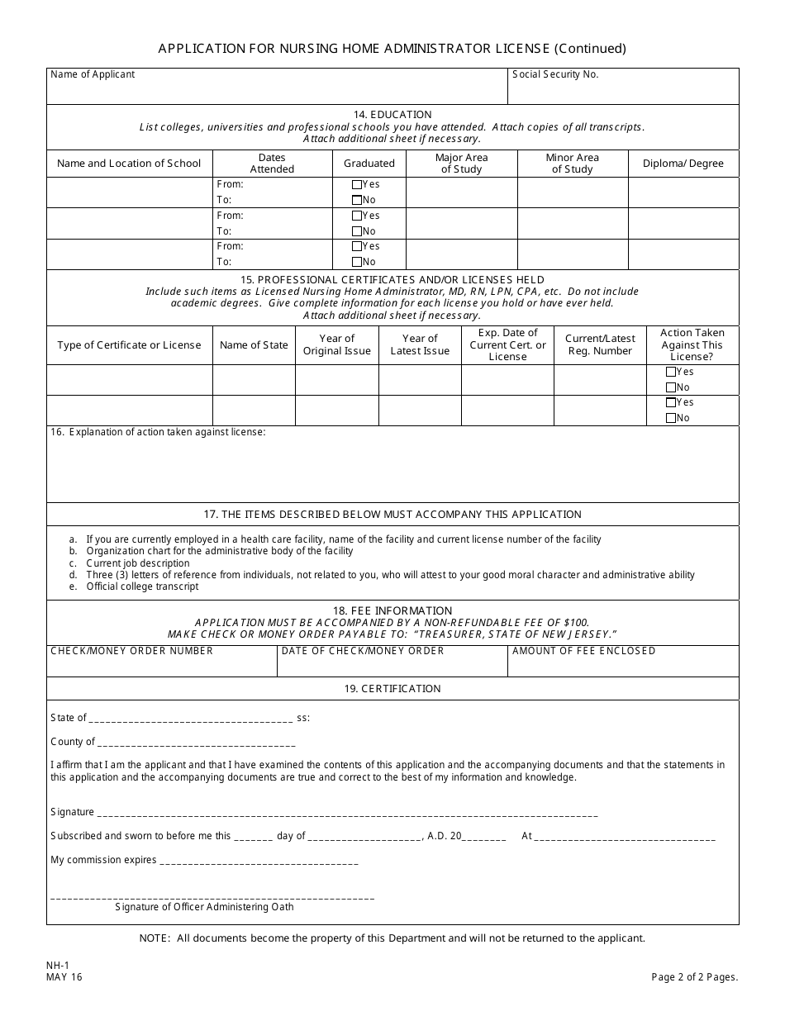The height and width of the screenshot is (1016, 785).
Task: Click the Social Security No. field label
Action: point(555,74)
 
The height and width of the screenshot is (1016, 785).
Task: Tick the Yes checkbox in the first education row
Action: point(357,185)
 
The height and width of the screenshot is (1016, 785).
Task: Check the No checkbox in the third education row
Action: point(357,262)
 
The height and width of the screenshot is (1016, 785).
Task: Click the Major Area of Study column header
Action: point(461,164)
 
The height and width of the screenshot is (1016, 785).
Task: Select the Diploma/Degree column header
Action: point(683,164)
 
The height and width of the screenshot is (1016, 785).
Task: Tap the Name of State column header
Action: point(254,345)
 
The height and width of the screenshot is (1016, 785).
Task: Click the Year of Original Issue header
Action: point(336,344)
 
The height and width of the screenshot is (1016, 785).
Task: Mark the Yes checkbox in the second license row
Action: point(671,402)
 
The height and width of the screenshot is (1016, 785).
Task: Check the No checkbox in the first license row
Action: point(671,387)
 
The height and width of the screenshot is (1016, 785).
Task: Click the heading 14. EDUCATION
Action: point(392,115)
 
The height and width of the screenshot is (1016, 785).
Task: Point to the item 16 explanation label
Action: point(158,432)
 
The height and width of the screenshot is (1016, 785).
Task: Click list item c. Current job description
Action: point(137,563)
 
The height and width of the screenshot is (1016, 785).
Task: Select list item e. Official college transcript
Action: point(142,586)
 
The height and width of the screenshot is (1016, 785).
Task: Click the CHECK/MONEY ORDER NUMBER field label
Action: point(131,651)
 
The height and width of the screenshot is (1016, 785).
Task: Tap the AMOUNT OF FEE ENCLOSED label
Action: point(583,651)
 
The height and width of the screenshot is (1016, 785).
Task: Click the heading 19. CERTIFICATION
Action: point(392,689)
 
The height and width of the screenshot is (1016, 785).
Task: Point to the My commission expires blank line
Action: point(258,861)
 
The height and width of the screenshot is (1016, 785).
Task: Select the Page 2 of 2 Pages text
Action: point(694,977)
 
